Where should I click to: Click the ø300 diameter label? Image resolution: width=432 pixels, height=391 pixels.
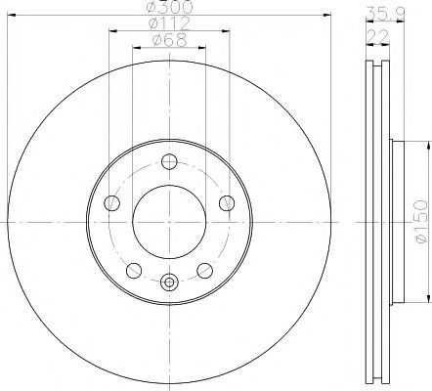click(x=169, y=7)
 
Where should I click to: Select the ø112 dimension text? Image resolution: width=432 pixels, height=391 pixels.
click(x=169, y=23)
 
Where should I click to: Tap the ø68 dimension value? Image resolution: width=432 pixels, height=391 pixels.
click(x=170, y=40)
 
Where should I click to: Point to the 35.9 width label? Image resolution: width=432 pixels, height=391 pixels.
click(x=385, y=14)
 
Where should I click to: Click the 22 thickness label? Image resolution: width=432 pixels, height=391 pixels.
click(x=378, y=36)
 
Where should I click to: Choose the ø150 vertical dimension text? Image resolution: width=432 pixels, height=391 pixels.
click(x=421, y=221)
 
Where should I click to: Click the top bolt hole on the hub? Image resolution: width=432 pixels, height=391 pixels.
click(x=169, y=161)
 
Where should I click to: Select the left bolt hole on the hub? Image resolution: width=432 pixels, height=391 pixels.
click(x=111, y=203)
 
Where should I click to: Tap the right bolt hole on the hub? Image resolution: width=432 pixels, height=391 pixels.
click(x=227, y=203)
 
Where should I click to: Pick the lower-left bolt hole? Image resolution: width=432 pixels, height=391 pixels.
click(x=134, y=271)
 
